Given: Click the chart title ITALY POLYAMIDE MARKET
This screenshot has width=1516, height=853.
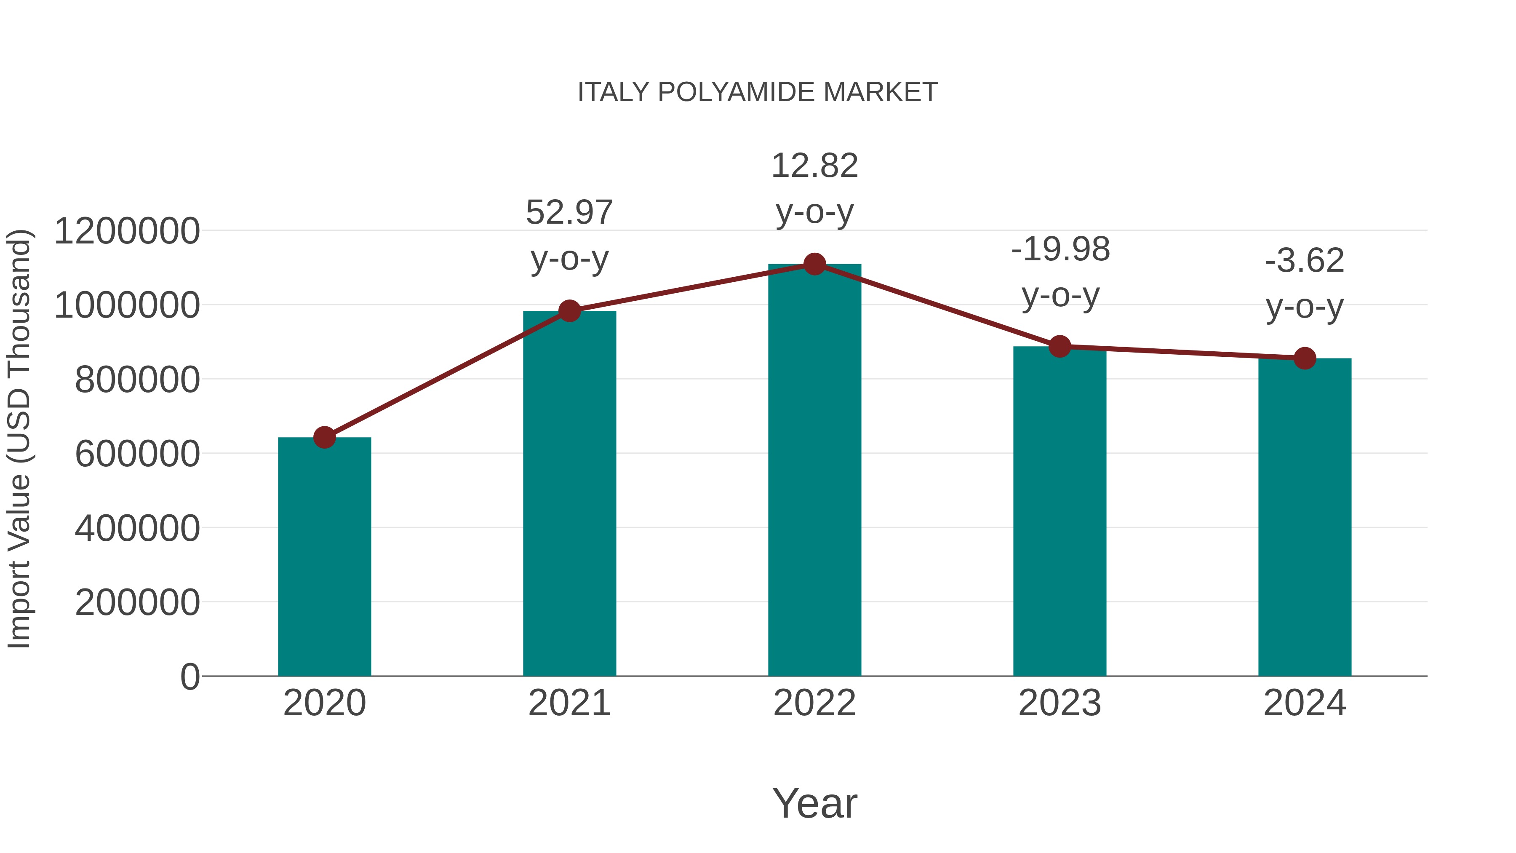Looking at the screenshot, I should pos(758,92).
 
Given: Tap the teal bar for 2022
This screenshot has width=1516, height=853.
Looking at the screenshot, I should pos(814,471).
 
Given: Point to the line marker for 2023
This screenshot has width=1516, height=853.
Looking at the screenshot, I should pos(1060,347).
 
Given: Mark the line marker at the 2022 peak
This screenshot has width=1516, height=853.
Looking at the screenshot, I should pos(814,264).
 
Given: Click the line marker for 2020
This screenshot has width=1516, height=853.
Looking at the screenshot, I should pos(324,437).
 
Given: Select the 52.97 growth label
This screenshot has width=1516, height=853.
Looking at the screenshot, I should pos(569,213).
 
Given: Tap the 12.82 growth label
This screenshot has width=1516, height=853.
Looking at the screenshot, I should pos(814,166).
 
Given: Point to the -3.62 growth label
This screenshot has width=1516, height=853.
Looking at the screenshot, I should pos(1305,261).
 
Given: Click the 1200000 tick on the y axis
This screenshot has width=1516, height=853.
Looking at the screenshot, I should pos(126,231).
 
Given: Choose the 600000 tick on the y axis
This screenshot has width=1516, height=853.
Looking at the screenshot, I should pos(137,454).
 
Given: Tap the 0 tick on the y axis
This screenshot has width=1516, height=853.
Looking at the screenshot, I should pos(190,677).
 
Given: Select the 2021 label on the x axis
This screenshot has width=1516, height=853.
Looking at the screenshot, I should pos(569,703).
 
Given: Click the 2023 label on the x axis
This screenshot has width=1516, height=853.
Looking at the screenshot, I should pos(1060,703).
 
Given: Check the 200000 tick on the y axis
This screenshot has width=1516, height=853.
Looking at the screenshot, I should pos(137,602).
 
